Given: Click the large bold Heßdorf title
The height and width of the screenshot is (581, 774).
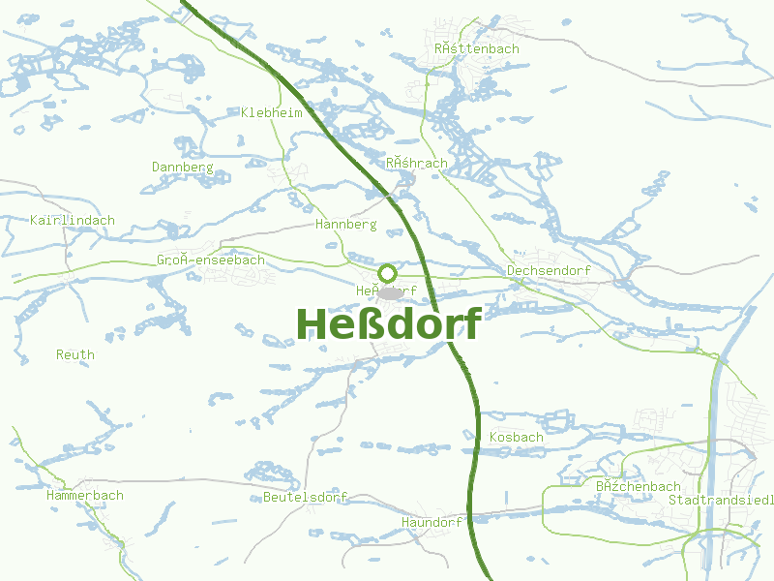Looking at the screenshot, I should click(x=387, y=324).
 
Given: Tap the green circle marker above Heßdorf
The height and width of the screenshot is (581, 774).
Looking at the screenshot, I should click(x=387, y=273).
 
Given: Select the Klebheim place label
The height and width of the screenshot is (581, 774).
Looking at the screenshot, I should click(x=272, y=112).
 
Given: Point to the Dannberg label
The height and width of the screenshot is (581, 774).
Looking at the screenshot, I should click(x=182, y=167).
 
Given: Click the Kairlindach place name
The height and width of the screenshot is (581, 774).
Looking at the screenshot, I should click(x=73, y=220).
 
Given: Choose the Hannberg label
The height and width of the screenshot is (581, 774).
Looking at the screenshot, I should click(x=345, y=224).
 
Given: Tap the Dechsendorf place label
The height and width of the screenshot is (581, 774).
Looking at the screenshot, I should click(x=549, y=270).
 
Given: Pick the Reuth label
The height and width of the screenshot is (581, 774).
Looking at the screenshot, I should click(x=75, y=354).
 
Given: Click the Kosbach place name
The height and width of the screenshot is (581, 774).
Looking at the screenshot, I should click(x=517, y=437).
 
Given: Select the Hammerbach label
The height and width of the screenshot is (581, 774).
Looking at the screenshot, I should click(x=85, y=495).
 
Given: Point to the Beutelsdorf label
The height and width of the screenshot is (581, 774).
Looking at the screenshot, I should click(x=305, y=497).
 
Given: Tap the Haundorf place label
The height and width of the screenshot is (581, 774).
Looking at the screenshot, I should click(x=432, y=522).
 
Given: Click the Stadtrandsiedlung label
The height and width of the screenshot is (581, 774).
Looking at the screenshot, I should click(x=721, y=500).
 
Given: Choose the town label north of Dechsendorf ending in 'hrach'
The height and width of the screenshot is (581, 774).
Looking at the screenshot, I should click(x=417, y=163).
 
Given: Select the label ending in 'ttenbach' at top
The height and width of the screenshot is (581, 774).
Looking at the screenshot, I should click(x=477, y=48).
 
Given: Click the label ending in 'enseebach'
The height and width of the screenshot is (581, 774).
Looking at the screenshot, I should click(x=211, y=260).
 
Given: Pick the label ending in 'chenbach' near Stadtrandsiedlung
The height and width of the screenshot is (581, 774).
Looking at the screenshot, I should click(x=639, y=486).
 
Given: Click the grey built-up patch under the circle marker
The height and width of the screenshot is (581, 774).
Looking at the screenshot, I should click(x=390, y=292).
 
